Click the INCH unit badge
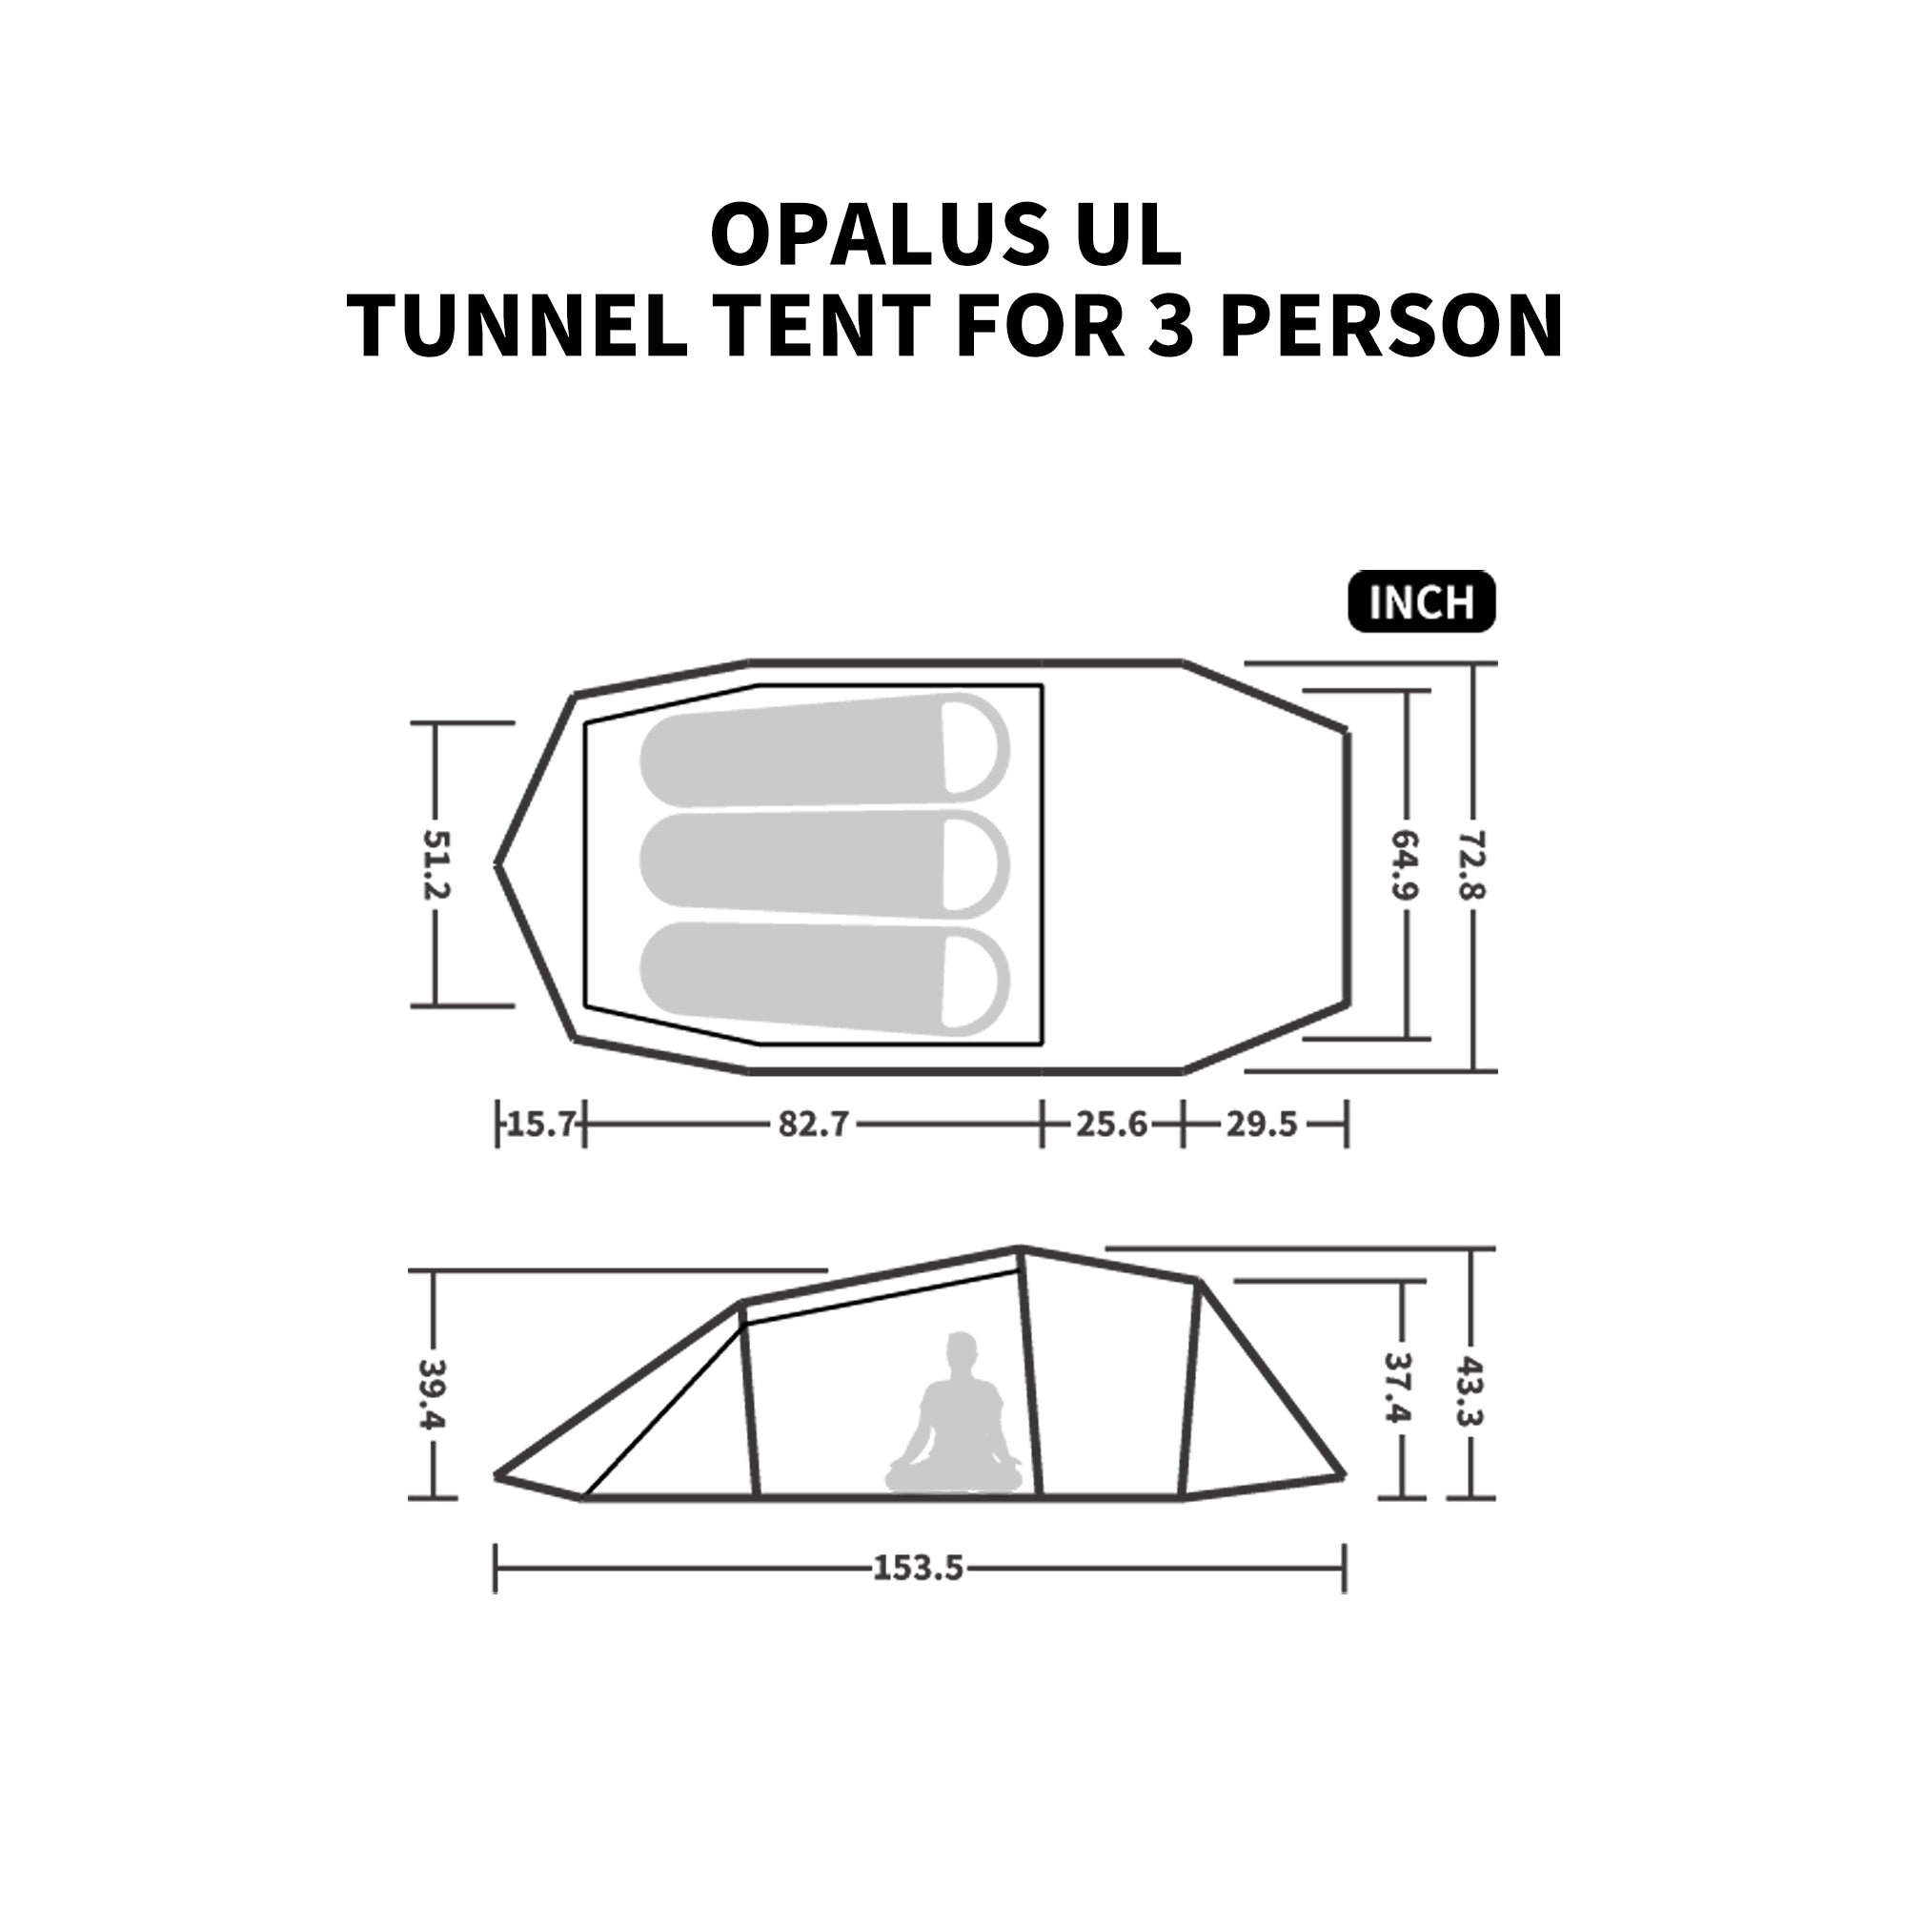pyautogui.click(x=1422, y=600)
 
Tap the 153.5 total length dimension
pyautogui.click(x=918, y=1567)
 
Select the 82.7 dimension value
pyautogui.click(x=813, y=1124)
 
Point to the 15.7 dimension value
pyautogui.click(x=540, y=1124)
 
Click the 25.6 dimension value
pyautogui.click(x=1112, y=1124)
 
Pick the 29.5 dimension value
pyautogui.click(x=1262, y=1124)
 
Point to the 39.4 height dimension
pyautogui.click(x=432, y=1393)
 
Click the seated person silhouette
pyautogui.click(x=954, y=1413)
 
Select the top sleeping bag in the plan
pyautogui.click(x=824, y=751)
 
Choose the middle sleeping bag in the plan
pyautogui.click(x=824, y=865)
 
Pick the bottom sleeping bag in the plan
pyautogui.click(x=824, y=978)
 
